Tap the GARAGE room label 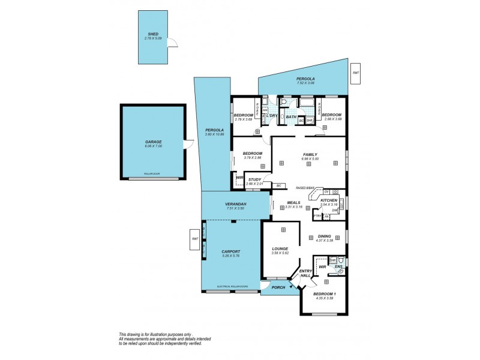click(153, 142)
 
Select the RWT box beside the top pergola click(356, 73)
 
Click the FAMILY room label click(310, 154)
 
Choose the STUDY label click(254, 179)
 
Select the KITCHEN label click(329, 200)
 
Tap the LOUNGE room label click(280, 265)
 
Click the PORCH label click(278, 287)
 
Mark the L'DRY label click(272, 115)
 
